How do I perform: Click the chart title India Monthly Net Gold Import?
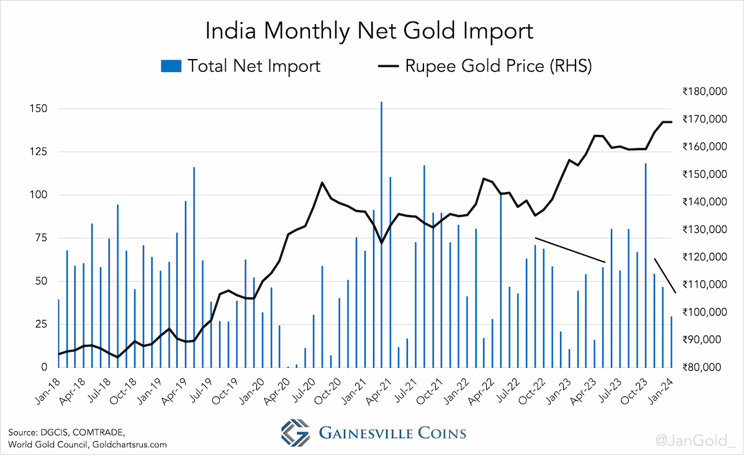(369, 32)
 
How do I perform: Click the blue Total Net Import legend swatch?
(171, 66)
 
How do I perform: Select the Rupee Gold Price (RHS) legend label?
(499, 66)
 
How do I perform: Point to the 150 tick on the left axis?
(38, 109)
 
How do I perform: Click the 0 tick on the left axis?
(44, 367)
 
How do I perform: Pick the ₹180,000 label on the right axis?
(705, 91)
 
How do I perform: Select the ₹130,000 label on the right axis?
(705, 229)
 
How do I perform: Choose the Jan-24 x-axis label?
(662, 391)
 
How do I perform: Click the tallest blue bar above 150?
(381, 235)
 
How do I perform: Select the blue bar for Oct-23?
(646, 265)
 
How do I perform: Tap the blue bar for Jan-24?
(672, 342)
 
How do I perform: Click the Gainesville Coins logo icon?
(296, 432)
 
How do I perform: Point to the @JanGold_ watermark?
(696, 440)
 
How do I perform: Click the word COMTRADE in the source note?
(99, 432)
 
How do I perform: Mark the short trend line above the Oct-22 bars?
(570, 250)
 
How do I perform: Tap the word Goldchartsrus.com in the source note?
(130, 445)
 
